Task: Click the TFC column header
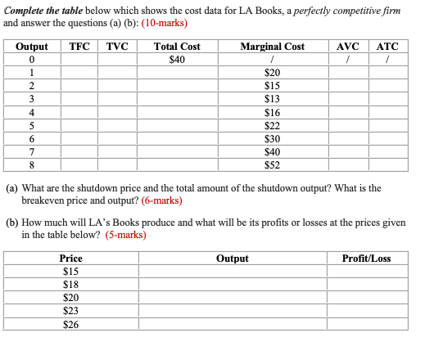coord(79,47)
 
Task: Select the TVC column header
coord(117,47)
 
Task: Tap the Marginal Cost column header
coord(272,47)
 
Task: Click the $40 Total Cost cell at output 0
coord(176,60)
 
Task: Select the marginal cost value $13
coord(272,99)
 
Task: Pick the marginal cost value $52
coord(272,164)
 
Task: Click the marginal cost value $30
coord(272,138)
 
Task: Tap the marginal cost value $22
coord(272,125)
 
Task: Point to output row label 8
coord(31,164)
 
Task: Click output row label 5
coord(31,125)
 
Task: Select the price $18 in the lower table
coord(71,284)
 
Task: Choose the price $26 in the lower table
coord(71,324)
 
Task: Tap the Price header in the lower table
coord(71,259)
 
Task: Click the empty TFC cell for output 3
coord(79,99)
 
